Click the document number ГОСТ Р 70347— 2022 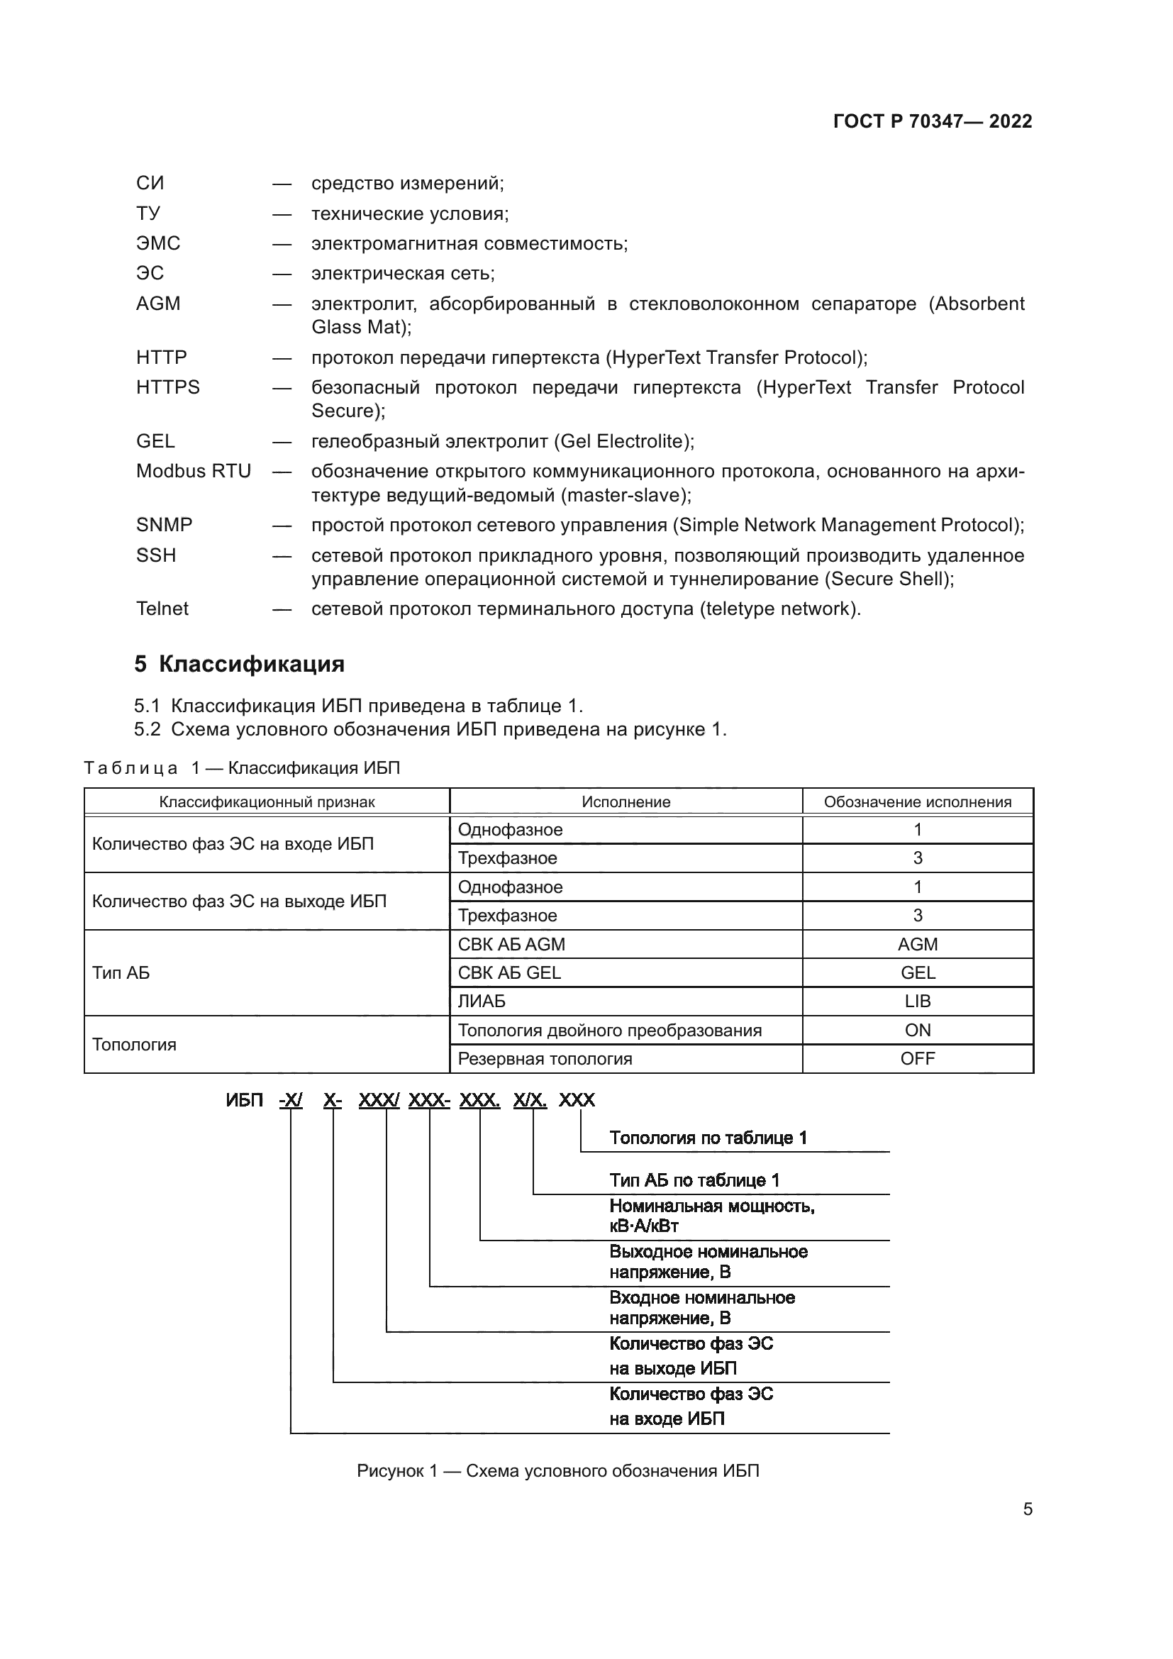933,121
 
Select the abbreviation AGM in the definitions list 158,304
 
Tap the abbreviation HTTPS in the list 167,387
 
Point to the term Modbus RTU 193,471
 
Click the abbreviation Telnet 162,609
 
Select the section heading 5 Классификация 239,664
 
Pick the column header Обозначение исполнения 917,801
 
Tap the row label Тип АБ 121,972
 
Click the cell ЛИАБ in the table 481,1001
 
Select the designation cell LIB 917,1001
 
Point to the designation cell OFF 917,1058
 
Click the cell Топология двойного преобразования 609,1031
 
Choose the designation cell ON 917,1031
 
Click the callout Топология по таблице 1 708,1138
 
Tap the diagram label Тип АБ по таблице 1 694,1181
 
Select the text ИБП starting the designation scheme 244,1101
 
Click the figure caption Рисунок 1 557,1471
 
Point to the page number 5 1027,1509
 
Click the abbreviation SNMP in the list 164,525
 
